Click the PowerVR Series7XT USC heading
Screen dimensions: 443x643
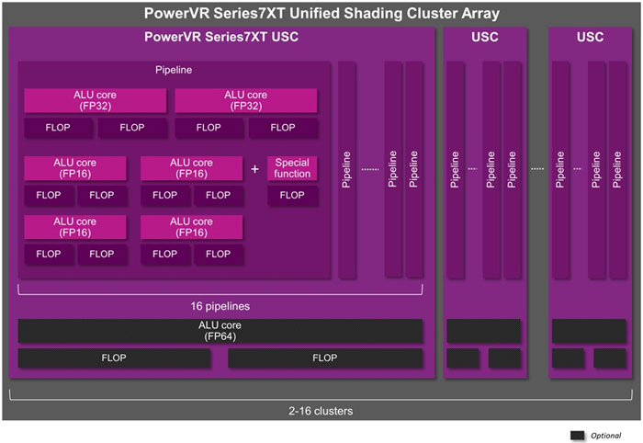tap(221, 38)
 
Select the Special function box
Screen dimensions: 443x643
tap(292, 168)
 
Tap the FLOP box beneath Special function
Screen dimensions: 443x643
tap(292, 195)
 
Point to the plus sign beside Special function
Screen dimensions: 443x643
tap(255, 169)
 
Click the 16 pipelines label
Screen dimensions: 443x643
tap(220, 305)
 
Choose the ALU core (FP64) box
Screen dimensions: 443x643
tap(220, 331)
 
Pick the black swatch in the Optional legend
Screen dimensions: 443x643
tap(578, 434)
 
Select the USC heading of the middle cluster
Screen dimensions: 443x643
tap(485, 38)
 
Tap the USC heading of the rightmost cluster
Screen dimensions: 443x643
tap(590, 38)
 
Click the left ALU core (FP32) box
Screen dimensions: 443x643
tap(95, 100)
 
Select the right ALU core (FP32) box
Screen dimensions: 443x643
tap(245, 100)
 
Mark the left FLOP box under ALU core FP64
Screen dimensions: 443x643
tap(115, 358)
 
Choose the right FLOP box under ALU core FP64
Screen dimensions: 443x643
tap(325, 358)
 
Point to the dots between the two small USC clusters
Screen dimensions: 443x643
tap(537, 169)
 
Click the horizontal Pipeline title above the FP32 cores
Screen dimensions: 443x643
tap(174, 70)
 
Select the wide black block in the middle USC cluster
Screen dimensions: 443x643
tap(484, 331)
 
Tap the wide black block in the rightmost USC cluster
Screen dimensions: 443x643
tap(589, 331)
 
